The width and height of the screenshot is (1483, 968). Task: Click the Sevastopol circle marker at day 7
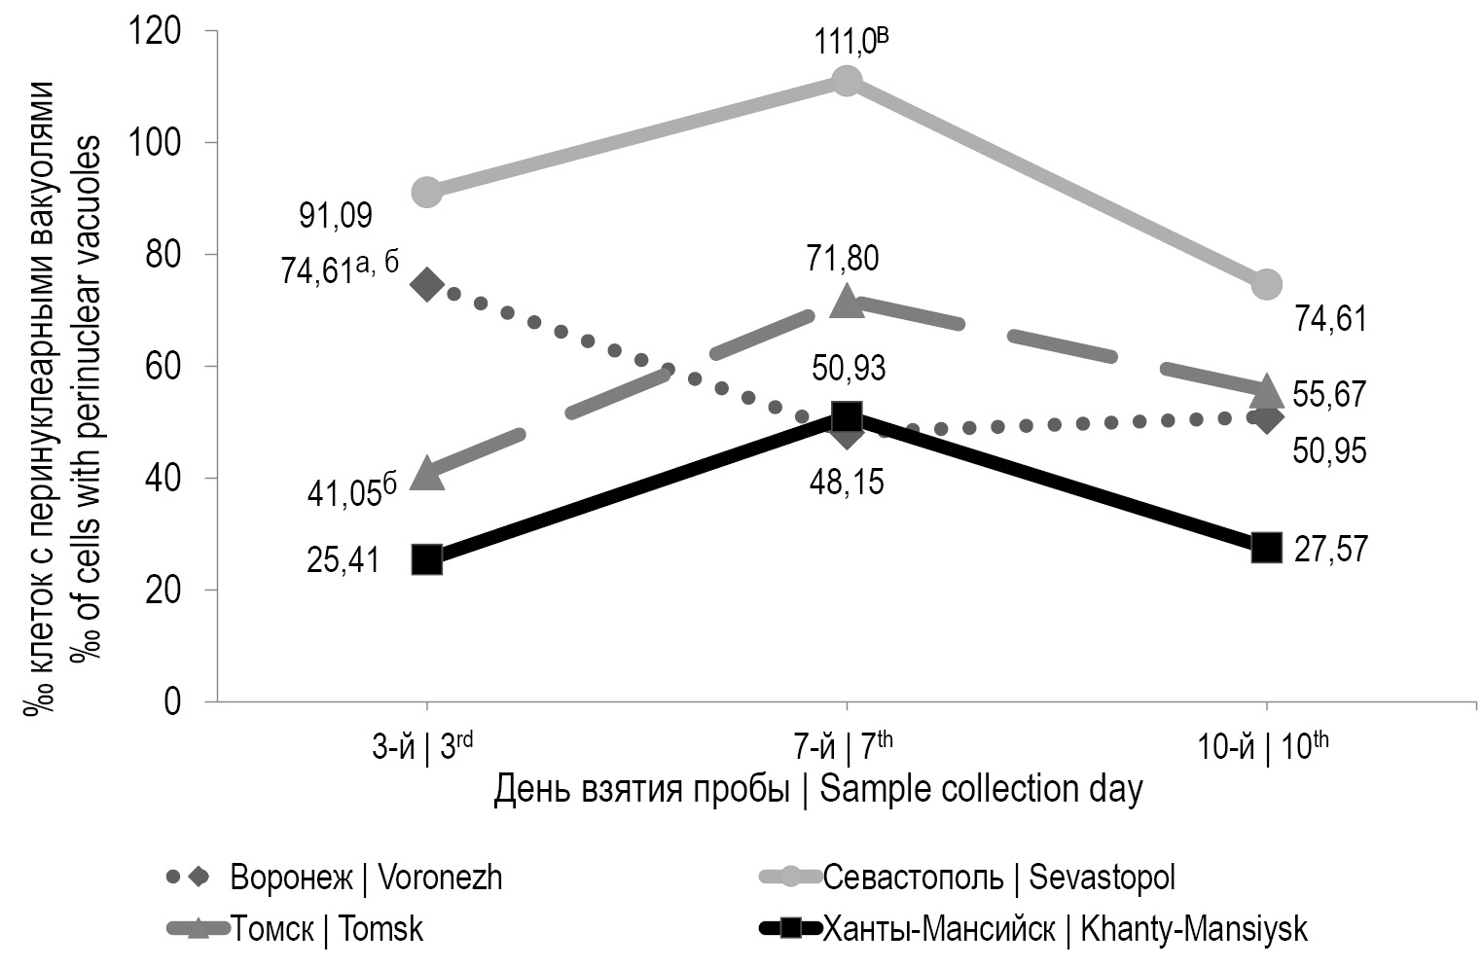pyautogui.click(x=846, y=80)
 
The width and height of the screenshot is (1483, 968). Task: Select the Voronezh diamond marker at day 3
pyautogui.click(x=427, y=284)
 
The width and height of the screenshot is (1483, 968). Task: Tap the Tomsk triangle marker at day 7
pyautogui.click(x=846, y=301)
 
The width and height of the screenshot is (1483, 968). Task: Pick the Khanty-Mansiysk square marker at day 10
pyautogui.click(x=1265, y=547)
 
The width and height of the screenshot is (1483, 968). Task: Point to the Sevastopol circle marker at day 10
pyautogui.click(x=1265, y=284)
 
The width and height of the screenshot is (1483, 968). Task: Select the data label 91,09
pyautogui.click(x=335, y=215)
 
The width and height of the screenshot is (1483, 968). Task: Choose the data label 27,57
pyautogui.click(x=1330, y=549)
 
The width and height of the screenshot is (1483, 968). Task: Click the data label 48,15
pyautogui.click(x=848, y=482)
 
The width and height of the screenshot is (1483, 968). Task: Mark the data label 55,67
pyautogui.click(x=1330, y=394)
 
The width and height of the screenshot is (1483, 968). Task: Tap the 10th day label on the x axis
pyautogui.click(x=1262, y=747)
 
